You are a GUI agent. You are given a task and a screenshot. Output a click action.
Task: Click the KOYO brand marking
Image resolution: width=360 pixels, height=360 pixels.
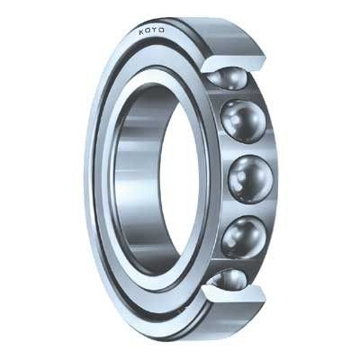[151, 31]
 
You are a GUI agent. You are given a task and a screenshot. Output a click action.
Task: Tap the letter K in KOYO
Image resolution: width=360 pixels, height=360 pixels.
[141, 31]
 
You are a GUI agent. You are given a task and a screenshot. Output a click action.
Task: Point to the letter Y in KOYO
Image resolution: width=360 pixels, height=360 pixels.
[155, 31]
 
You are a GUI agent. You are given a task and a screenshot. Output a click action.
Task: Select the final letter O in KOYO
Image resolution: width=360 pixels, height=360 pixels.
[161, 31]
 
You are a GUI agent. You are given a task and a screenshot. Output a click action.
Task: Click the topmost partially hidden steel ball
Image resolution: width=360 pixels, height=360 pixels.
[228, 77]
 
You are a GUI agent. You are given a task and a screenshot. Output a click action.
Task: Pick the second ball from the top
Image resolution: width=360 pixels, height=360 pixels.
[243, 121]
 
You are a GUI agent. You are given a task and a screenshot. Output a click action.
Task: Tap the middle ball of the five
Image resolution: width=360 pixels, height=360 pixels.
[250, 179]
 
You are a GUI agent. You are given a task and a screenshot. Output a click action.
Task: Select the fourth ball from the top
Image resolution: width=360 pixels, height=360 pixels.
[244, 237]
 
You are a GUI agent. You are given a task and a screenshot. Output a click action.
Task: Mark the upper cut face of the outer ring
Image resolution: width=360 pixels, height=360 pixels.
[234, 62]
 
